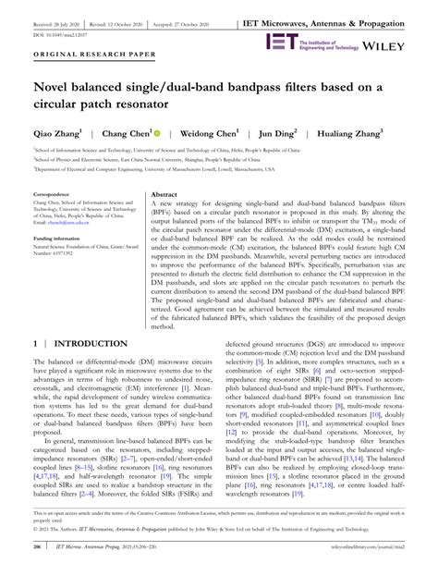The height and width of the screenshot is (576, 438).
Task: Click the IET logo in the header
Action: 278,41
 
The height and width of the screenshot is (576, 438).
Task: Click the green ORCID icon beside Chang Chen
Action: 155,132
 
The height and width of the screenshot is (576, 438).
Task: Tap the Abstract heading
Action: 164,196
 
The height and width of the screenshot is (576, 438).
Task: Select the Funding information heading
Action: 61,237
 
